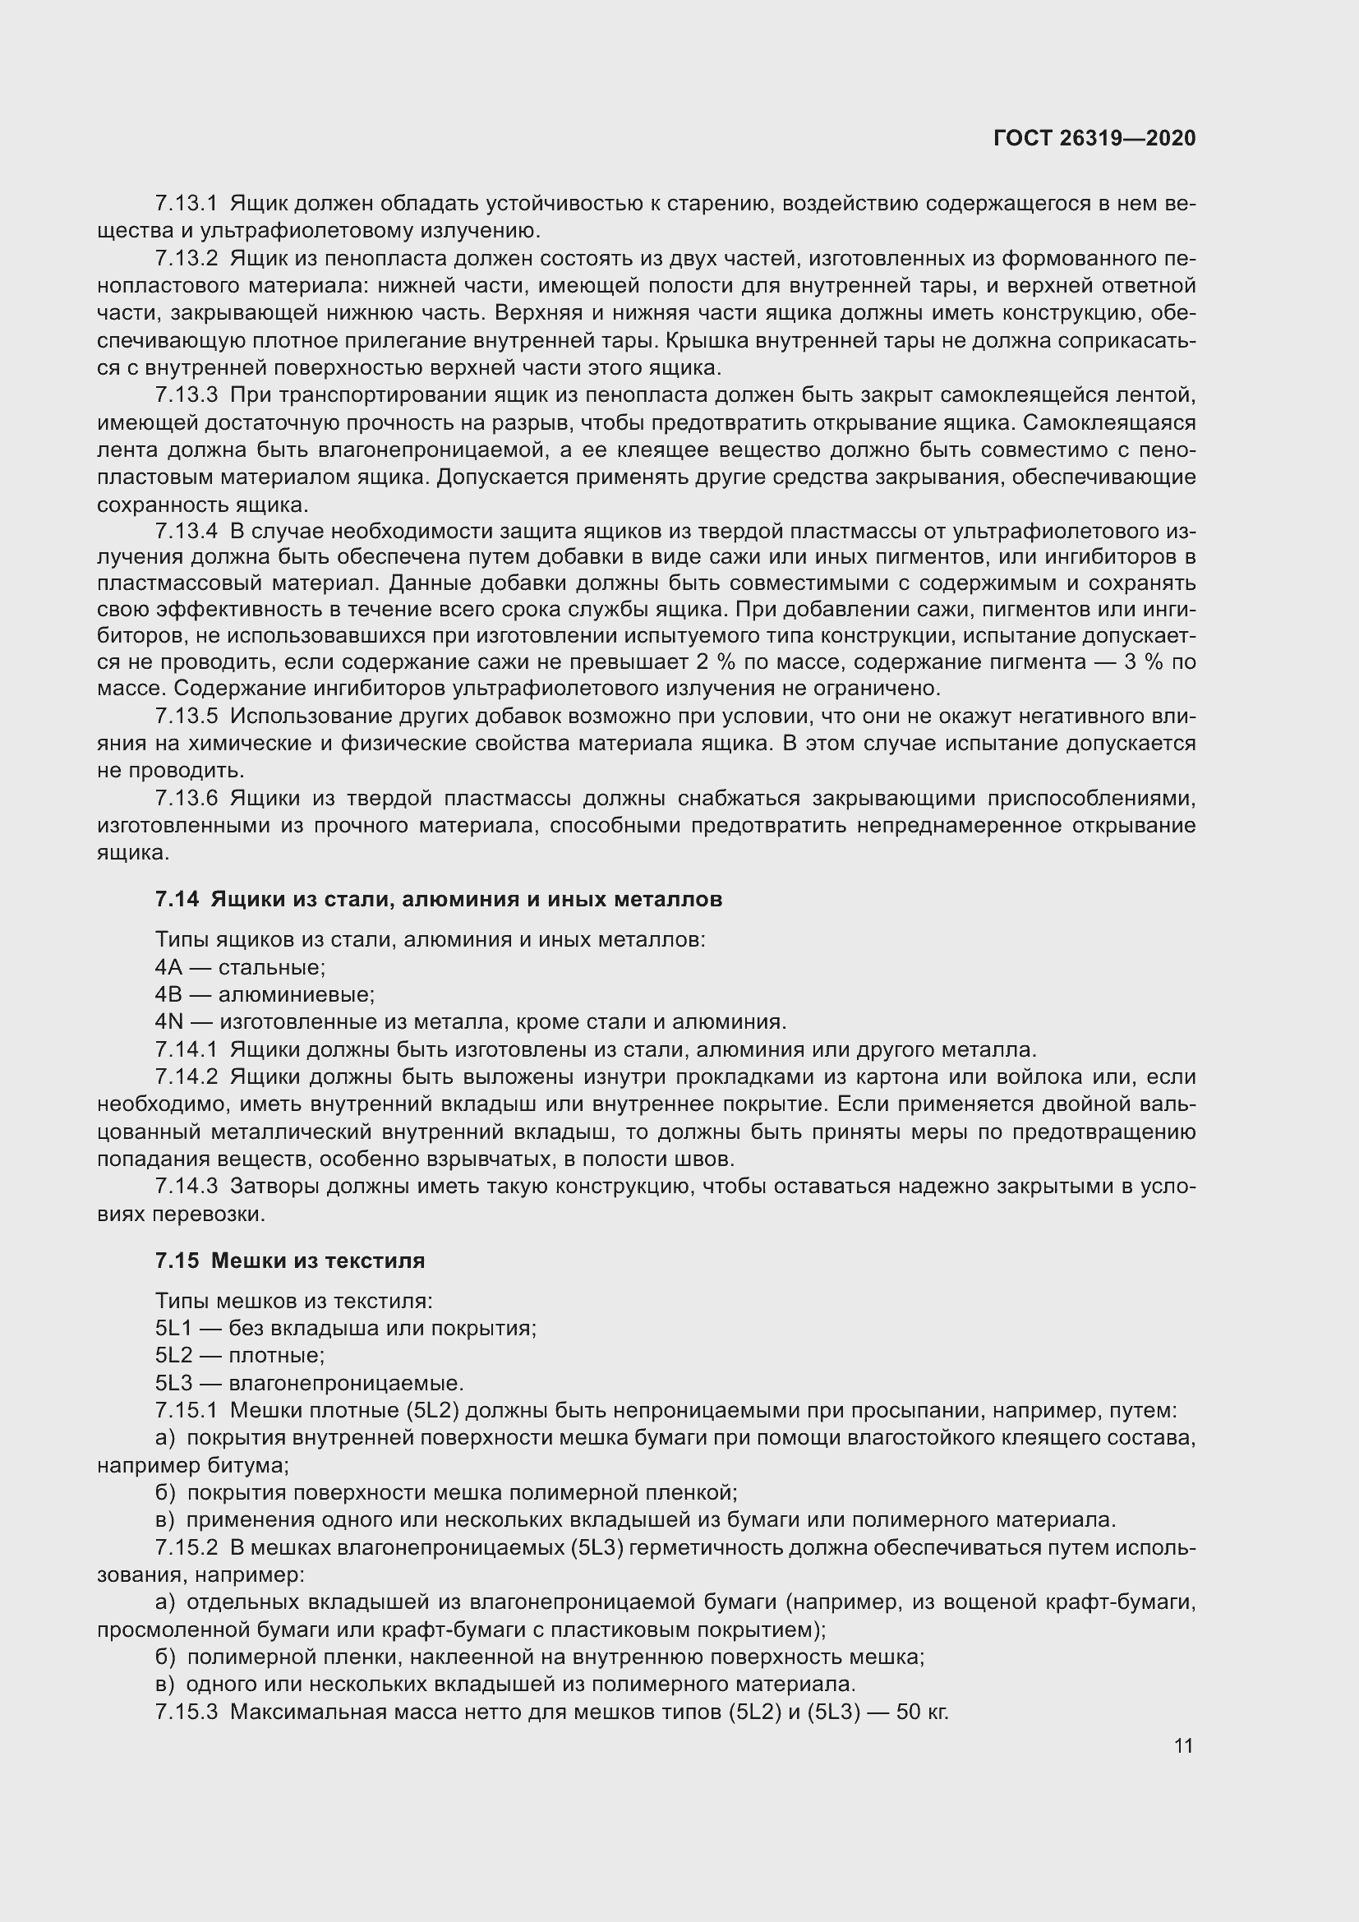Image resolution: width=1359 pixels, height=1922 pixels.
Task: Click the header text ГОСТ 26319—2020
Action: pos(1094,138)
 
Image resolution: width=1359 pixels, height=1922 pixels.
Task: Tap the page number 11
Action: pos(1183,1746)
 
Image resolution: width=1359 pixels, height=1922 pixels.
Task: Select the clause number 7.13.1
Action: pos(186,204)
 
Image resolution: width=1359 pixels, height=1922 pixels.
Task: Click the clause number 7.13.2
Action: pos(186,259)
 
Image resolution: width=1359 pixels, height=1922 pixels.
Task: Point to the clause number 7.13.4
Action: pos(186,531)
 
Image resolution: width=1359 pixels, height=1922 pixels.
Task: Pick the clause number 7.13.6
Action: pos(186,799)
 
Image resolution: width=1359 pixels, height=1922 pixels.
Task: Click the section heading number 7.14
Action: pos(177,899)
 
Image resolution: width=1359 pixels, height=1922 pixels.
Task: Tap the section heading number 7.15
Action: pos(177,1261)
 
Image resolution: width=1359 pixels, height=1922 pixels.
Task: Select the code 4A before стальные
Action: pos(168,968)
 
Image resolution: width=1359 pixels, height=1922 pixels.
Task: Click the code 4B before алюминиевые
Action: pos(168,994)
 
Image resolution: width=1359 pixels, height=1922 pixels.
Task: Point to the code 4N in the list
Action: pos(168,1022)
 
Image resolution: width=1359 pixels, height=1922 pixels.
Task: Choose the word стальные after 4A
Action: pos(272,968)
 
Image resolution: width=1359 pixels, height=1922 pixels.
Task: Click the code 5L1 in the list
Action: pos(173,1329)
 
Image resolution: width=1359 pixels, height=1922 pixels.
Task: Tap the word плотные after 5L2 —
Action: pos(276,1355)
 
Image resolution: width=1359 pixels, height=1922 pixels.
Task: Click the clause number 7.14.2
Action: pos(186,1076)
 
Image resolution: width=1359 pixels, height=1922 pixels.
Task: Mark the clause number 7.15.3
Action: pos(186,1712)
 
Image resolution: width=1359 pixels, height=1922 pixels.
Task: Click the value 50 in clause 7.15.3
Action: pos(907,1712)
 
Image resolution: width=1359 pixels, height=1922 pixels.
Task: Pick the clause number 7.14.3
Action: pos(186,1187)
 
